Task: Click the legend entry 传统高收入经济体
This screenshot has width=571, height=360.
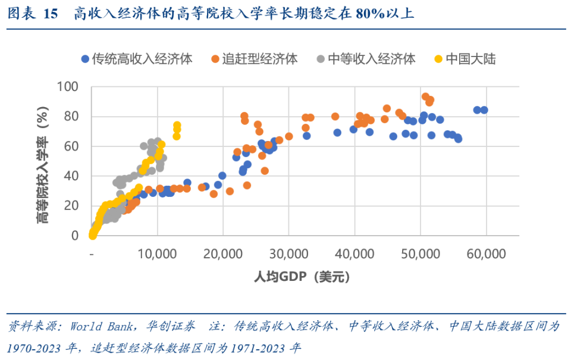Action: click(142, 59)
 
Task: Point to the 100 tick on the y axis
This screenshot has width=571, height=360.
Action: click(68, 87)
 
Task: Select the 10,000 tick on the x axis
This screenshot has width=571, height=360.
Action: click(158, 254)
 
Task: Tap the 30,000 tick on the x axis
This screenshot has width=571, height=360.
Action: click(289, 254)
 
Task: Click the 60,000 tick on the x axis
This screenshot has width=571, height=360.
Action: click(486, 254)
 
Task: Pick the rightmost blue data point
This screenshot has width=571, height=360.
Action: click(484, 110)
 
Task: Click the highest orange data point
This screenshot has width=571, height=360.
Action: click(425, 96)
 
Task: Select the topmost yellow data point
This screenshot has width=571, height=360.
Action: click(177, 126)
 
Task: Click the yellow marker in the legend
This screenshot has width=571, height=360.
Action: click(438, 59)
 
